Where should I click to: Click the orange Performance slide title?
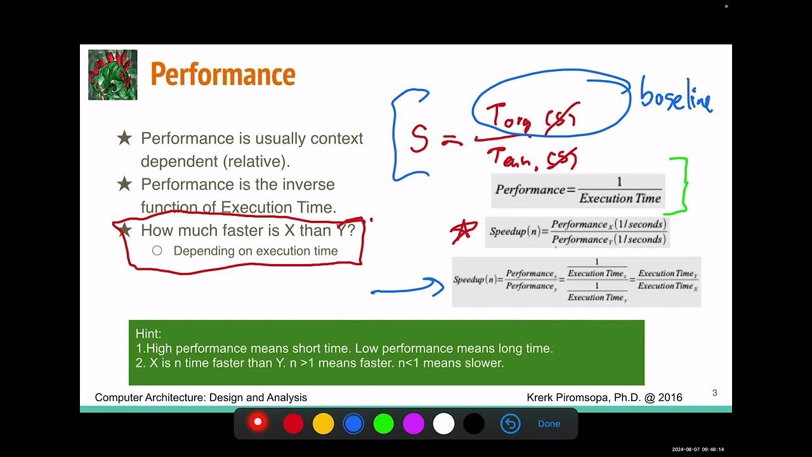(x=223, y=75)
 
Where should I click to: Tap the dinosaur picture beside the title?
(x=113, y=75)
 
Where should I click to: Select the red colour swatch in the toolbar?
(x=293, y=423)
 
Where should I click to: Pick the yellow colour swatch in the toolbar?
(x=323, y=423)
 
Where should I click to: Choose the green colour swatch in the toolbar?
(x=383, y=423)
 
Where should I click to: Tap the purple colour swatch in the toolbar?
(x=414, y=423)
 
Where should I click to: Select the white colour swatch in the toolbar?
(x=443, y=423)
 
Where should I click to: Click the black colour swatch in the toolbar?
(x=473, y=423)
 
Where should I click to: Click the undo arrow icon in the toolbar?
(x=510, y=423)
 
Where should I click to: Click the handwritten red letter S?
(x=419, y=139)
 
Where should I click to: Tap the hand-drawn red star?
(x=464, y=231)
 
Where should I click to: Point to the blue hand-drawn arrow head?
(x=438, y=287)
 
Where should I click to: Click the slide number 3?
(x=714, y=393)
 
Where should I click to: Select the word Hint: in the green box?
(x=148, y=334)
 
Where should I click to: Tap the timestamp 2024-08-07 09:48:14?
(x=698, y=449)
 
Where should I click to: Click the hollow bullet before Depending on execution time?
(x=157, y=251)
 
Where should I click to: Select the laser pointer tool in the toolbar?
(x=258, y=422)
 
